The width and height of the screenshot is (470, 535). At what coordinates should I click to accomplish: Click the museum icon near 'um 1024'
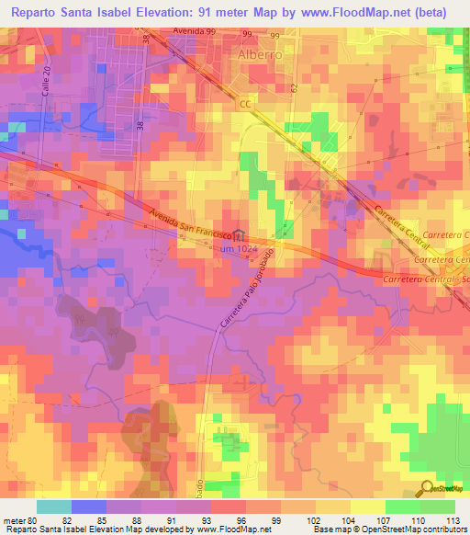[239, 235]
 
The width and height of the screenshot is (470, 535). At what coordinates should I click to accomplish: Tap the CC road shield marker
[245, 105]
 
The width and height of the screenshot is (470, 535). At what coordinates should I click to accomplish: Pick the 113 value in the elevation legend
[452, 519]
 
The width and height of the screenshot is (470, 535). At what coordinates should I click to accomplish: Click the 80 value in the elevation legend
[32, 519]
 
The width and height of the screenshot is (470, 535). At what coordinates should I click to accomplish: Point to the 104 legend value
[347, 519]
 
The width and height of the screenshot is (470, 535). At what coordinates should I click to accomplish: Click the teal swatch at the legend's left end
[53, 507]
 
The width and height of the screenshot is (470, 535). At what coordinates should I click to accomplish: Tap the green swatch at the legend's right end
[438, 507]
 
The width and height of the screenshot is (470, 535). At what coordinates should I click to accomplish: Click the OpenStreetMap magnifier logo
[428, 489]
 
